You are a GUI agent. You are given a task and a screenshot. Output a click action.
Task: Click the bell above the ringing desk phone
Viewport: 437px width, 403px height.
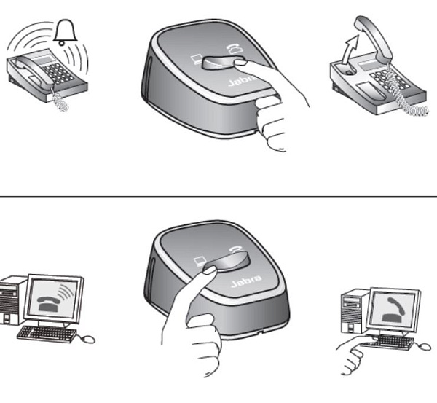(x=66, y=32)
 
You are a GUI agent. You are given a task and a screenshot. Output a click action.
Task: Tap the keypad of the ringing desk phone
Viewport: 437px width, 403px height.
(x=58, y=73)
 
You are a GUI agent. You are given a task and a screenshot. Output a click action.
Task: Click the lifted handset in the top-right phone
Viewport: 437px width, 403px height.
(x=374, y=39)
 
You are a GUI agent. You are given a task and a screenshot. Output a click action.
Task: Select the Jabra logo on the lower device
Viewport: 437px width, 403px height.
(x=246, y=282)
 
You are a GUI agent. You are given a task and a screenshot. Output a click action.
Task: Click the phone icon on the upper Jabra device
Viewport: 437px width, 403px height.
(x=235, y=49)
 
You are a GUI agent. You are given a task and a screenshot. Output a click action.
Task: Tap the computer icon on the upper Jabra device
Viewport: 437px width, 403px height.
(x=196, y=59)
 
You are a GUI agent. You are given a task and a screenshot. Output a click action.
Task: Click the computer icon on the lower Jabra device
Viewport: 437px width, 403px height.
(x=200, y=262)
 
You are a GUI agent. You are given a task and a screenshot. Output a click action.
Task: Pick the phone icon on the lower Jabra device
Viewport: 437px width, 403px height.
(x=237, y=250)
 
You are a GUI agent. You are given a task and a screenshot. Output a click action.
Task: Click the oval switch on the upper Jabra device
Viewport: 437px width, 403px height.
(x=224, y=63)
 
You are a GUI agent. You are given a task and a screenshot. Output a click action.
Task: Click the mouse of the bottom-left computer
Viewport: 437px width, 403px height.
(x=87, y=339)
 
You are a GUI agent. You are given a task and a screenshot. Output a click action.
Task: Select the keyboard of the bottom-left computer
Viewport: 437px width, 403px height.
(x=47, y=334)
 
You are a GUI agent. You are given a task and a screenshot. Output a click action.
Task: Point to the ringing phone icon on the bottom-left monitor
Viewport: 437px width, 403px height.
(x=54, y=299)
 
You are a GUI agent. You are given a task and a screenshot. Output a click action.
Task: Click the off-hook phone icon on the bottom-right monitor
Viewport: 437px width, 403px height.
(x=393, y=310)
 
